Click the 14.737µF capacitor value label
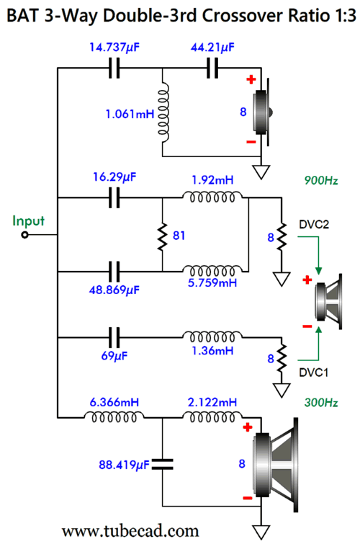[114, 47]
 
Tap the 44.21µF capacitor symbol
[212, 68]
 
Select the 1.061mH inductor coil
[163, 112]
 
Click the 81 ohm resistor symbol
[162, 236]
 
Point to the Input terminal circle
[24, 235]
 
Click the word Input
[28, 220]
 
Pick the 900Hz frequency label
[321, 180]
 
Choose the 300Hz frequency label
[321, 403]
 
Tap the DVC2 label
[314, 225]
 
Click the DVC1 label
[313, 373]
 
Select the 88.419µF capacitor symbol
[162, 464]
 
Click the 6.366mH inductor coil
[114, 416]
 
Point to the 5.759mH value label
[212, 282]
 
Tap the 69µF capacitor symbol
[114, 337]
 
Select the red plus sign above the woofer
[248, 427]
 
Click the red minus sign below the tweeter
[251, 142]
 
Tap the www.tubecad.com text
[130, 531]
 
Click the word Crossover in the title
[231, 16]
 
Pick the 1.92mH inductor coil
[212, 197]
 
